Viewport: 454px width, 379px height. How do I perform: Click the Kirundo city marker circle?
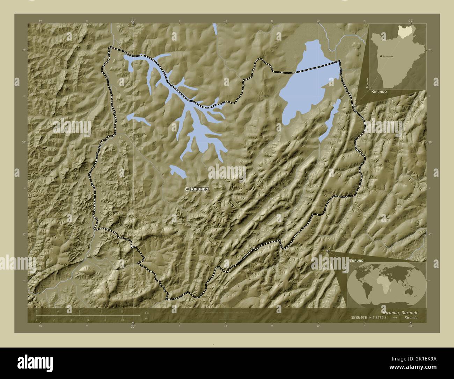(x=188, y=189)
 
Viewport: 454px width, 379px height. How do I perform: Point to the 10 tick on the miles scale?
(x=122, y=320)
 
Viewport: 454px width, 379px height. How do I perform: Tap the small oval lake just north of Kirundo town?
(x=177, y=171)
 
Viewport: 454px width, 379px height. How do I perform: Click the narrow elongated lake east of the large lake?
(x=330, y=119)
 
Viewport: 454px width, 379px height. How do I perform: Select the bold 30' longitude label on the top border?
(x=133, y=21)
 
